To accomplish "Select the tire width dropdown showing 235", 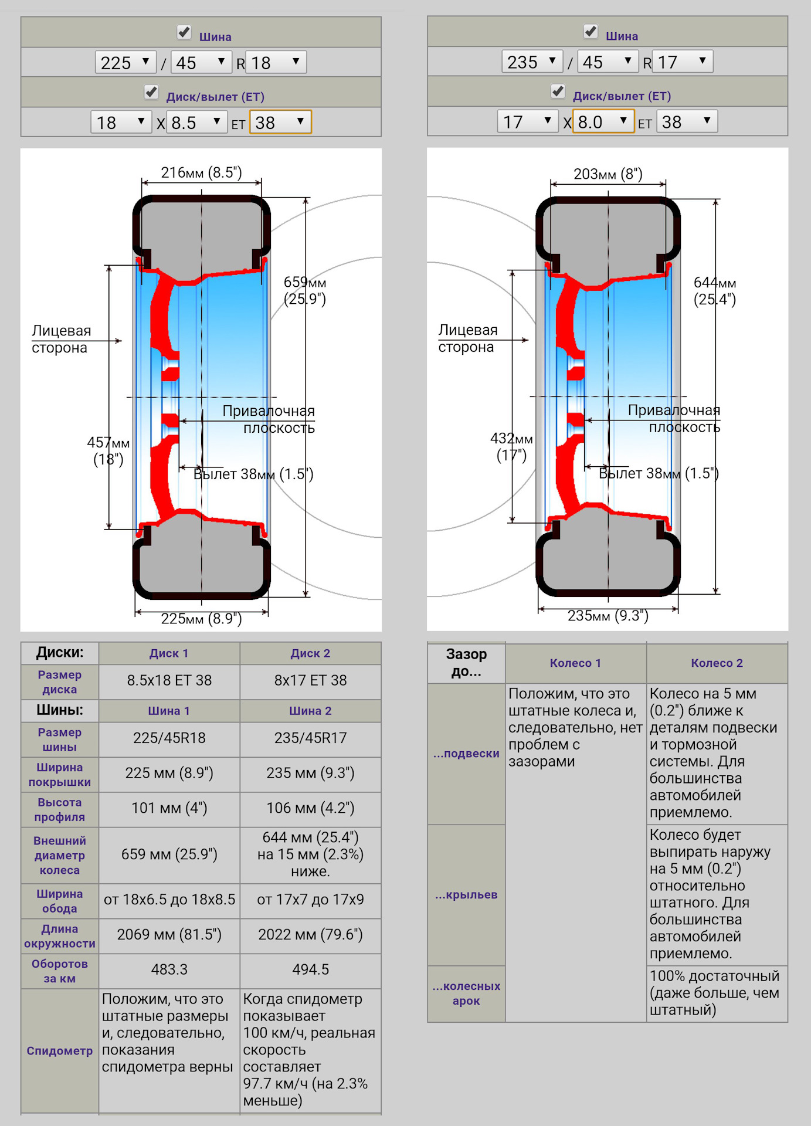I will pyautogui.click(x=532, y=62).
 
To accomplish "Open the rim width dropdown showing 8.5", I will pyautogui.click(x=196, y=123).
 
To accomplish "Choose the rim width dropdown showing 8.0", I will pyautogui.click(x=603, y=122).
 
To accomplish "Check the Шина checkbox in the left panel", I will pyautogui.click(x=184, y=32).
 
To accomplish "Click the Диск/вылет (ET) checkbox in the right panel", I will pyautogui.click(x=558, y=91).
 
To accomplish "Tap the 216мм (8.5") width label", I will pyautogui.click(x=201, y=172).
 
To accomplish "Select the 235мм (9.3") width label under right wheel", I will pyautogui.click(x=608, y=616).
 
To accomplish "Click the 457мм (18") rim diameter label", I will pyautogui.click(x=108, y=450).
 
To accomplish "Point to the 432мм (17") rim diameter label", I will pyautogui.click(x=511, y=446).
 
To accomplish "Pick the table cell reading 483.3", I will pyautogui.click(x=169, y=969).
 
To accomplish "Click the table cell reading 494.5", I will pyautogui.click(x=310, y=969).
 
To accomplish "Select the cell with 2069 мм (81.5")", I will pyautogui.click(x=169, y=934).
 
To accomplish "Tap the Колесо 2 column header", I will pyautogui.click(x=717, y=663).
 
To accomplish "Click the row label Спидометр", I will pyautogui.click(x=59, y=1051).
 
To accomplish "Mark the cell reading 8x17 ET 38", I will pyautogui.click(x=310, y=680).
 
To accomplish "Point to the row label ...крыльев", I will pyautogui.click(x=466, y=895).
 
